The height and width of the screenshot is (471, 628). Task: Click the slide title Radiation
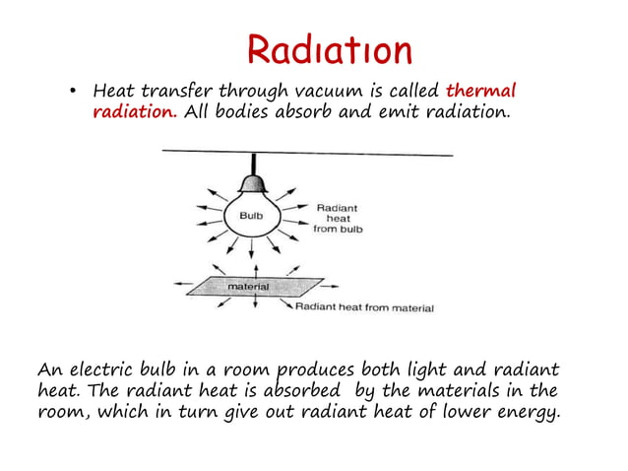(329, 49)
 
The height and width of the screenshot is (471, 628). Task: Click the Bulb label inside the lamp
(251, 214)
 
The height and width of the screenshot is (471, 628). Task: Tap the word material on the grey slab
(248, 287)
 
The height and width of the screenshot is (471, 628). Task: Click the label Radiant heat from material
(364, 307)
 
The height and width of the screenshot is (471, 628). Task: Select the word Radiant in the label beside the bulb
(338, 208)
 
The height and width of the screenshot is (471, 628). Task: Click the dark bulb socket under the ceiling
(255, 181)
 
